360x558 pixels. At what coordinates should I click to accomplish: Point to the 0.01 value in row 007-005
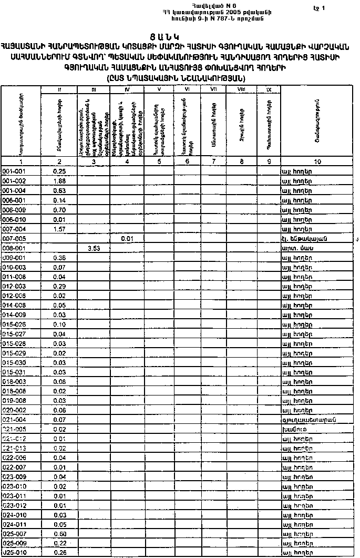126,239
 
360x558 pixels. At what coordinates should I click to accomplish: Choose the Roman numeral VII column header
213,90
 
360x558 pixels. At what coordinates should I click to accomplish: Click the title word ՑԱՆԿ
179,37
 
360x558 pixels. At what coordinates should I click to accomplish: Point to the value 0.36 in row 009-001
59,258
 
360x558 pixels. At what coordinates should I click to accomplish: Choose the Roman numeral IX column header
269,90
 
